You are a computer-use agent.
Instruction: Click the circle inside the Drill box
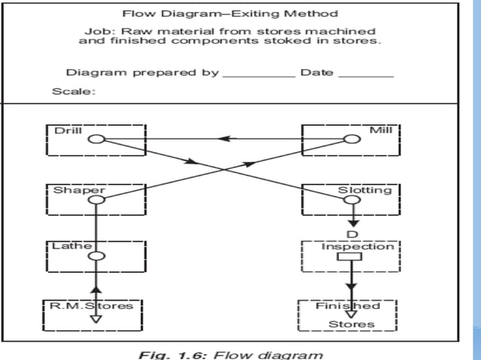(x=96, y=139)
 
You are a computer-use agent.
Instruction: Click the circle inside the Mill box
(x=351, y=139)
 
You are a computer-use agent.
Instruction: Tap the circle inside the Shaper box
(x=96, y=200)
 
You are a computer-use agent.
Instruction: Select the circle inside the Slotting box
(x=351, y=200)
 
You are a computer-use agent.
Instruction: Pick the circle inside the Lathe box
(x=96, y=257)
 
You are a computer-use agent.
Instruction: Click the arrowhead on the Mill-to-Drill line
(x=224, y=139)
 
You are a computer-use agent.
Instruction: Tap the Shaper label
(x=78, y=190)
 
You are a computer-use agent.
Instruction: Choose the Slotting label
(x=364, y=190)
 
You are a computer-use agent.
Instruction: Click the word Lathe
(x=72, y=246)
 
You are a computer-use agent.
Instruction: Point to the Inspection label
(x=357, y=246)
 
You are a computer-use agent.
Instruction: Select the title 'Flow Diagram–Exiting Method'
(x=230, y=13)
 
